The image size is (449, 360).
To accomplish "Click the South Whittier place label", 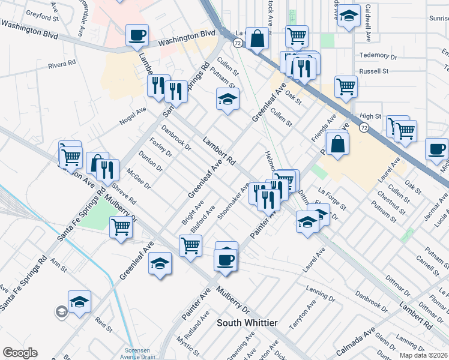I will pyautogui.click(x=247, y=323).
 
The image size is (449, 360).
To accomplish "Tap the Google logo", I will pyautogui.click(x=20, y=353).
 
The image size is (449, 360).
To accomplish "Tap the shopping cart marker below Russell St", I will pyautogui.click(x=346, y=86).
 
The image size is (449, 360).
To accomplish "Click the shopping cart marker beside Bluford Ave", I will pyautogui.click(x=190, y=245).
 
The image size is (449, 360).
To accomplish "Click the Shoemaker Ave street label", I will pyautogui.click(x=234, y=200).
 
